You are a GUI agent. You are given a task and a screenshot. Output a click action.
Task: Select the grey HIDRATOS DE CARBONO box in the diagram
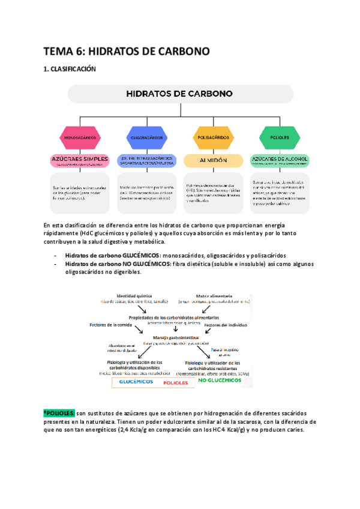tap(180, 94)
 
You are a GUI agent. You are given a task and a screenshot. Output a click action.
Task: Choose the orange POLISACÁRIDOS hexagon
tap(213, 137)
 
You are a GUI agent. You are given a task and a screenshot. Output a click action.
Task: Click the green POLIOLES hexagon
tap(280, 137)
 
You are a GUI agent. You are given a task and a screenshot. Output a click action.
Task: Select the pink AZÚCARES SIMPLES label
tap(79, 160)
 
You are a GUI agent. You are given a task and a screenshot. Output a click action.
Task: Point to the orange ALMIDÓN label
tap(213, 160)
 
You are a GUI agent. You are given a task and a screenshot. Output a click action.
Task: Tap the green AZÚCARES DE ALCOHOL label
tap(280, 160)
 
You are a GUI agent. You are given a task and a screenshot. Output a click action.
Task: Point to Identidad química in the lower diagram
tap(134, 296)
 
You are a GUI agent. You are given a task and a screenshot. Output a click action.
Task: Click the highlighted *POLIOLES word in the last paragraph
tap(59, 414)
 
